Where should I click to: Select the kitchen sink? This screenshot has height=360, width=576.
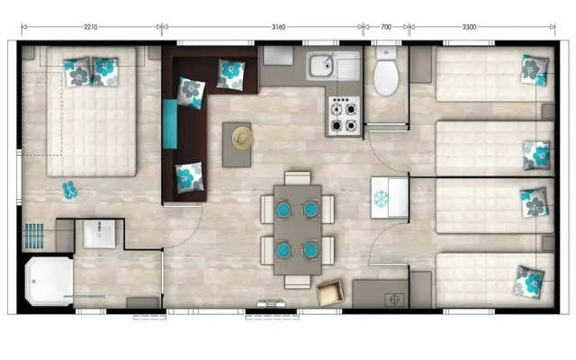click(x=321, y=65)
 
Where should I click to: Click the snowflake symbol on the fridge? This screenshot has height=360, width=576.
click(x=382, y=196)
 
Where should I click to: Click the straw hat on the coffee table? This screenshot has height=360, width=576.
click(x=241, y=137)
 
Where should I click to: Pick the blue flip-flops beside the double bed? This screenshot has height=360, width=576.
click(x=70, y=189)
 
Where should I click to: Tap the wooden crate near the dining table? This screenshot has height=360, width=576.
click(x=330, y=292)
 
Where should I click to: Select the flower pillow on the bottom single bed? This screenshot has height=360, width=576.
click(x=529, y=281)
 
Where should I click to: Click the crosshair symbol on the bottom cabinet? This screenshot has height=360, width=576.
click(x=392, y=298)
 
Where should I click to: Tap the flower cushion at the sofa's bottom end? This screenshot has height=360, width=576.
click(x=189, y=177)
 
